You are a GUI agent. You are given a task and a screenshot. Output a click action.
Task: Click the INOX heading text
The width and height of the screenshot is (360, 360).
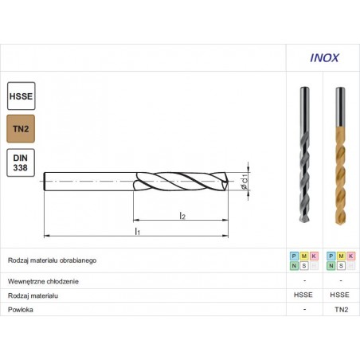323,57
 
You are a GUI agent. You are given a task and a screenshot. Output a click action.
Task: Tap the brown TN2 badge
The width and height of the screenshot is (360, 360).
20,127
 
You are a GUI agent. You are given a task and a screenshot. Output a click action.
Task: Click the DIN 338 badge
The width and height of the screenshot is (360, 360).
20,162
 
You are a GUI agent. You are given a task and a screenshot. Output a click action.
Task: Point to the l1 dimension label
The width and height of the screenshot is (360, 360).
137,231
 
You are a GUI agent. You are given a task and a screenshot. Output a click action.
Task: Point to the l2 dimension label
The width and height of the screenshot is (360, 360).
182,215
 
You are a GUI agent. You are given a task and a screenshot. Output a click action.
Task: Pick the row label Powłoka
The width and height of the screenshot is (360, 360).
22,310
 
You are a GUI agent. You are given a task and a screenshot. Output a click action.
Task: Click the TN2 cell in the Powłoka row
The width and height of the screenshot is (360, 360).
340,310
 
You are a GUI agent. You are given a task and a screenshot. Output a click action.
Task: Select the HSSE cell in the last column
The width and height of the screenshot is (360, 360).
340,295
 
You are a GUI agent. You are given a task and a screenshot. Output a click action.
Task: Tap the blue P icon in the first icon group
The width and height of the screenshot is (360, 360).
294,256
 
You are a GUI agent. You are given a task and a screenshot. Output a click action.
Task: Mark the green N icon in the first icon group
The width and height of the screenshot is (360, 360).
294,265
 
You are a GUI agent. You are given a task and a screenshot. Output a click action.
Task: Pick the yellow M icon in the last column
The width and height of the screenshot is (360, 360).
340,256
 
